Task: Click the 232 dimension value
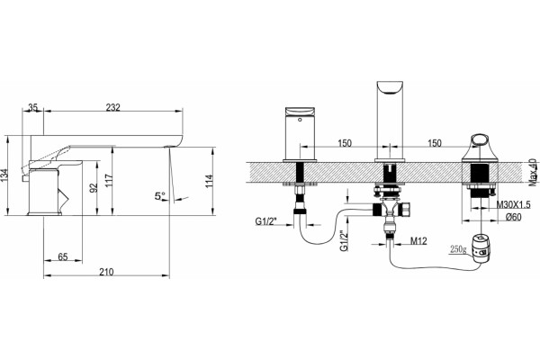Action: (x=113, y=107)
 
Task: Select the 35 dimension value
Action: (x=32, y=107)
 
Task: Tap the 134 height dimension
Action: (x=4, y=175)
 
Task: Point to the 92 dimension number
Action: (x=94, y=187)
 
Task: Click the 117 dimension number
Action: (x=109, y=182)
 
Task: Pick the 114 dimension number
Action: (x=209, y=182)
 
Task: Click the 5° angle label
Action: (x=160, y=196)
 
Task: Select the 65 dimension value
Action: (x=63, y=257)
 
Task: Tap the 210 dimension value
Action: (x=106, y=272)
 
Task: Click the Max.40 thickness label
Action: (x=533, y=172)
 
